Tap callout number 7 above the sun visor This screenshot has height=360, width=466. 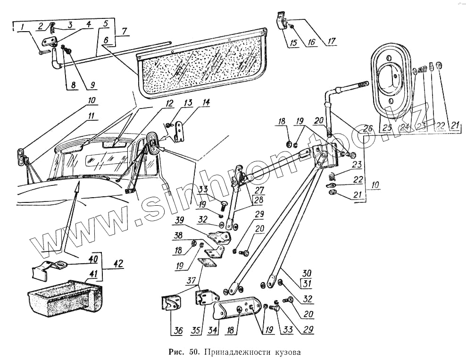(x=125, y=32)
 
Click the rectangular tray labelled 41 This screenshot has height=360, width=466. (x=64, y=297)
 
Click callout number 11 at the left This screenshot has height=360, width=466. (x=91, y=116)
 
